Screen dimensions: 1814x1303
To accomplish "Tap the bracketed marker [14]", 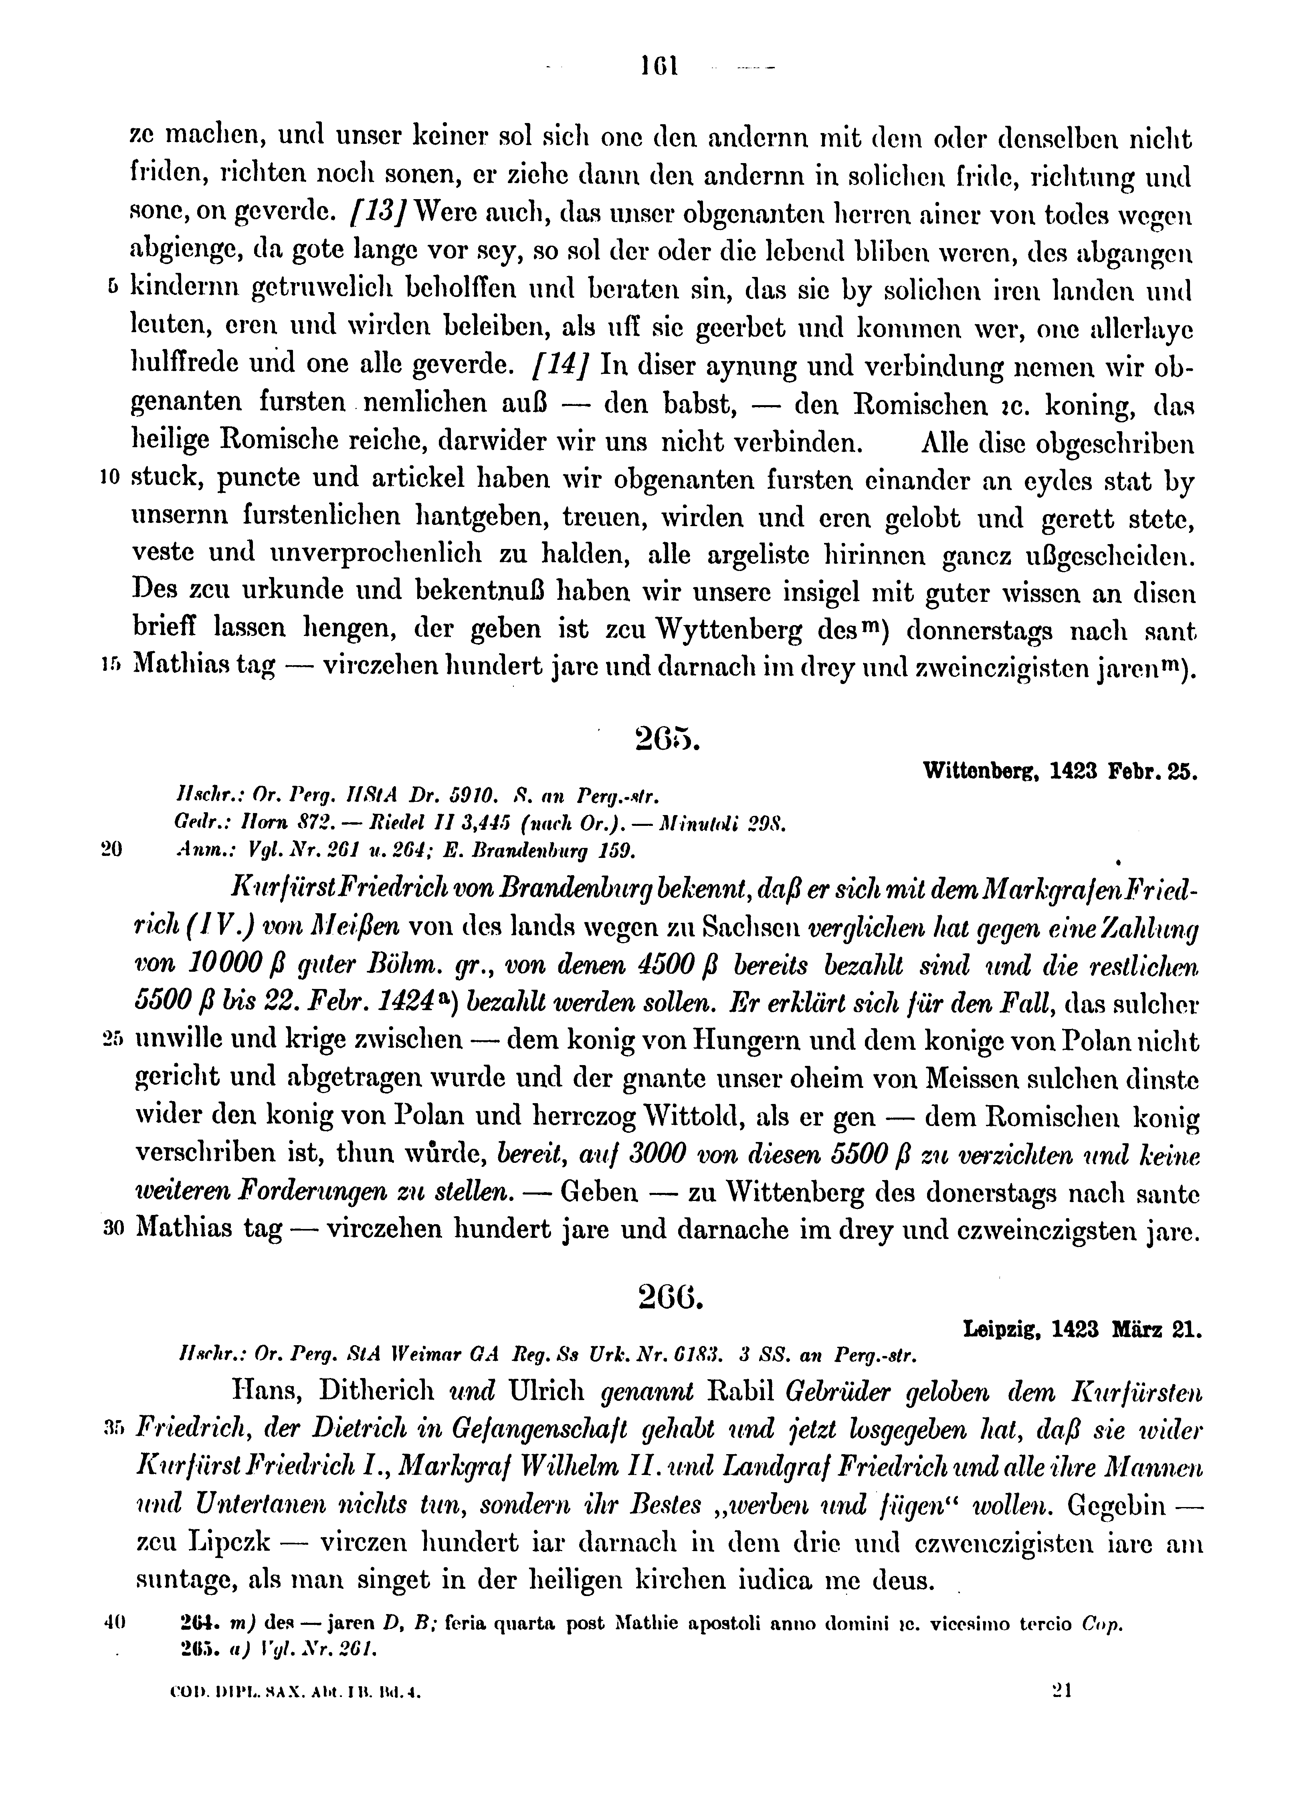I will [560, 365].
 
